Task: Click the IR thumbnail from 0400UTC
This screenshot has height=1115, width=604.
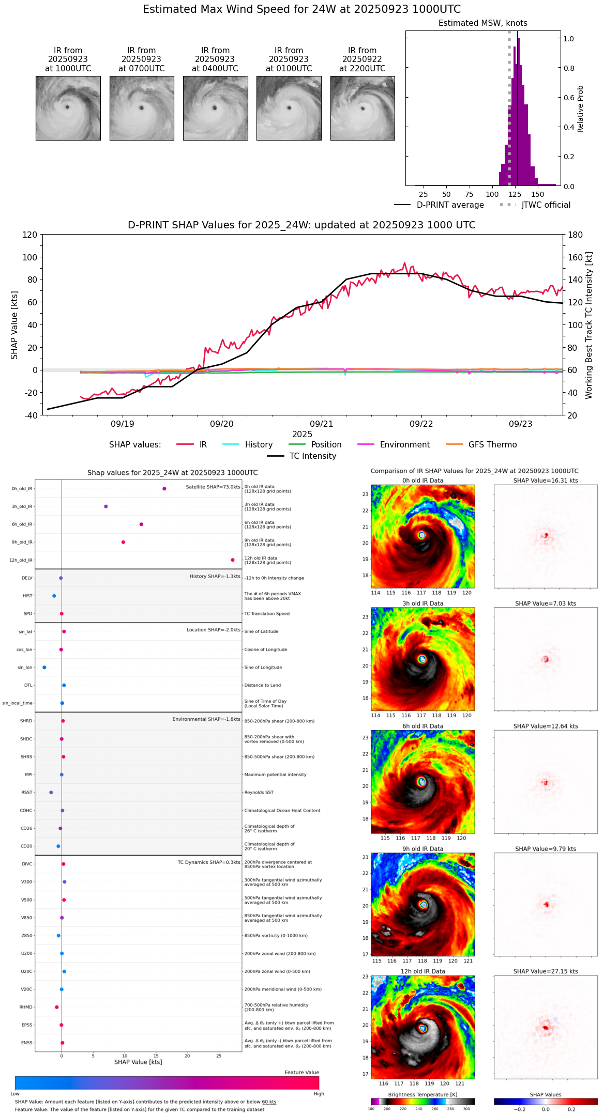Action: point(215,108)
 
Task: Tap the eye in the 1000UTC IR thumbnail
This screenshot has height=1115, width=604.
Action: point(67,107)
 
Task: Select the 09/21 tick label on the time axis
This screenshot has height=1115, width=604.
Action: point(321,424)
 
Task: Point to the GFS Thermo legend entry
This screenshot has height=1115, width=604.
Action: point(492,445)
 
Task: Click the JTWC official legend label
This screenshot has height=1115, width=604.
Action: point(546,205)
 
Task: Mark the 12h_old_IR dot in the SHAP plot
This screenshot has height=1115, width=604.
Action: point(233,560)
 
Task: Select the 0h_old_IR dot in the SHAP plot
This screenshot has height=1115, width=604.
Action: point(164,488)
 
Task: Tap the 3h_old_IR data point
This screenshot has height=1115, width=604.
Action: point(106,506)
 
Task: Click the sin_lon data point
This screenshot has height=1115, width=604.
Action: point(44,668)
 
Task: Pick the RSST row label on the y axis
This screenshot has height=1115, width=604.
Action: point(27,793)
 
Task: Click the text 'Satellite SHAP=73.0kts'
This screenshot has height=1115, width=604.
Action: point(213,487)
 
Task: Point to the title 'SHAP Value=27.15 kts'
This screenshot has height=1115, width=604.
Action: point(546,971)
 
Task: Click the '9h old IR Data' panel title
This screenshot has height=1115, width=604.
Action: point(422,849)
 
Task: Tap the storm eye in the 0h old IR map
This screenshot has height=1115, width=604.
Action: point(422,535)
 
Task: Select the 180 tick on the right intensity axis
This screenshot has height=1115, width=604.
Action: point(576,235)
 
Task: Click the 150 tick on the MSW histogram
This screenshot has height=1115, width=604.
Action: point(538,195)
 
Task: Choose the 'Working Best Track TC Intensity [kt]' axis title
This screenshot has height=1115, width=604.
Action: point(589,326)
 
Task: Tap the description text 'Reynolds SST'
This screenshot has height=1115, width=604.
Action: point(259,793)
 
